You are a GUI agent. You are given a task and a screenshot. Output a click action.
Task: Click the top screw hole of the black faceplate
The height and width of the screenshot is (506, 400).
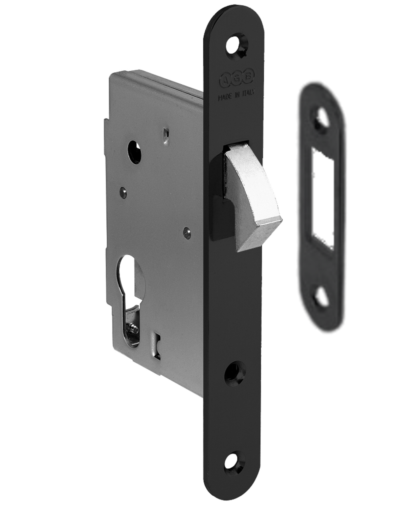(x=237, y=45)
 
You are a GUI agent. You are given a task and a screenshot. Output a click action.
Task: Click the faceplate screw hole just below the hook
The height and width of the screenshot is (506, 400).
(x=235, y=373)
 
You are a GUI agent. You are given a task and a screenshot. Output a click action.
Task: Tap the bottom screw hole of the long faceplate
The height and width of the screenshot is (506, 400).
(x=234, y=462)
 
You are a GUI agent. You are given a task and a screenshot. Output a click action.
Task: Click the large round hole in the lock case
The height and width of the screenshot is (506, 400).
(x=134, y=151)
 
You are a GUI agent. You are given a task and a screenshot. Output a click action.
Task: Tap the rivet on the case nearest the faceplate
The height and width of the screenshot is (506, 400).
(x=187, y=233)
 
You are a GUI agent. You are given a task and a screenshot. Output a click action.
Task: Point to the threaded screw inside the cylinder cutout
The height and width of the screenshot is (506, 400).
(x=132, y=329)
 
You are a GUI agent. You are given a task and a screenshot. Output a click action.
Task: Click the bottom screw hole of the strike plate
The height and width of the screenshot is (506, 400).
(x=322, y=297)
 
